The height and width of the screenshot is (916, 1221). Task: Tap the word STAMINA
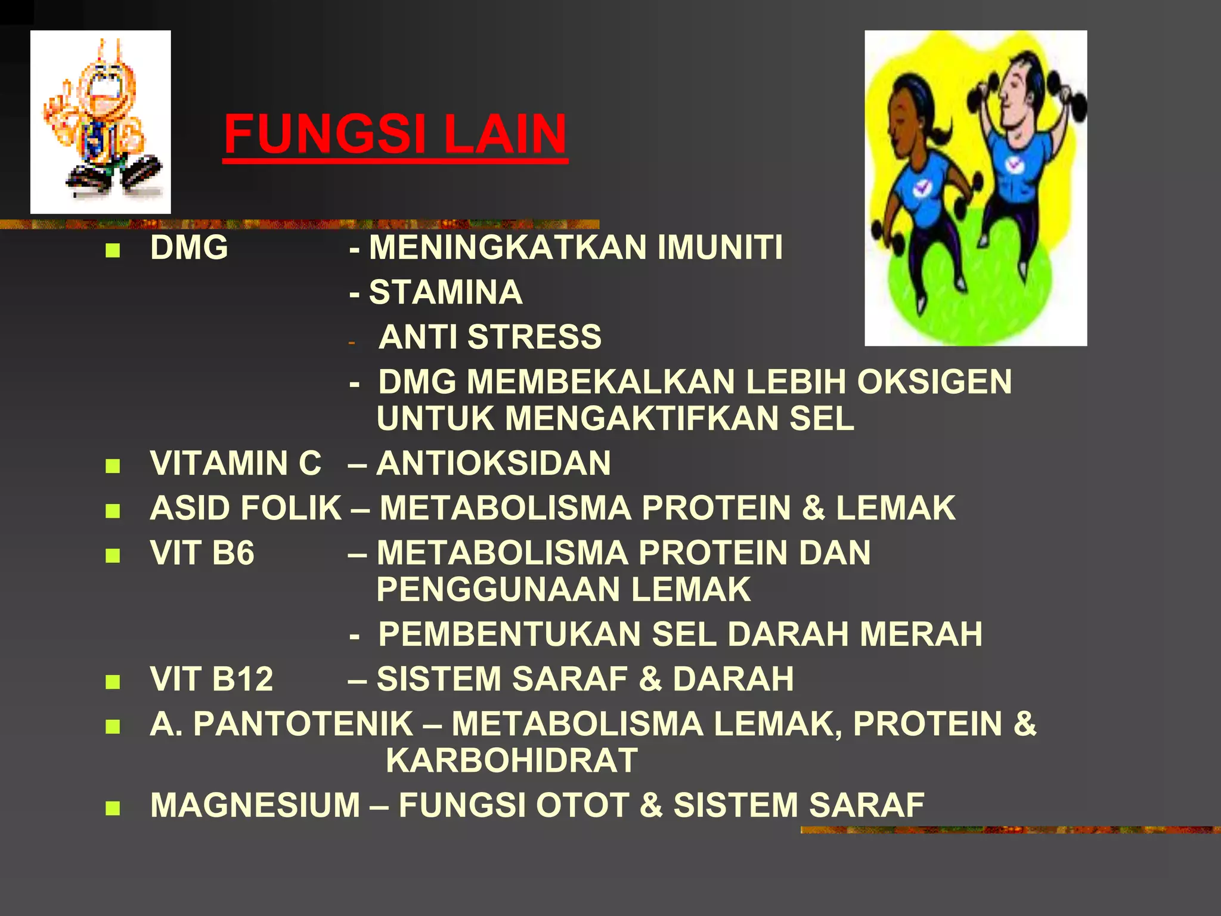[x=445, y=292]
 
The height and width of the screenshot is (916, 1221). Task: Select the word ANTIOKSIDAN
[x=494, y=463]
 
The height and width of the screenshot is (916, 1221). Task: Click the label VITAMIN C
[x=235, y=463]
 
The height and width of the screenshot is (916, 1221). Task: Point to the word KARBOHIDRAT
[x=512, y=760]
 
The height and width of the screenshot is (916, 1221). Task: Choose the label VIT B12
[x=212, y=679]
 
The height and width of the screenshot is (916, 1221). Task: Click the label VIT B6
[x=202, y=553]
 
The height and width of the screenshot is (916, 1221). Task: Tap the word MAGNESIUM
[x=255, y=805]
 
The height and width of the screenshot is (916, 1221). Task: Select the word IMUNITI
[x=720, y=247]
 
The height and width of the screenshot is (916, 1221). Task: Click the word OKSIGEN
[x=934, y=382]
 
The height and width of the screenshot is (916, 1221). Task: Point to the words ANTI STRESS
[x=490, y=337]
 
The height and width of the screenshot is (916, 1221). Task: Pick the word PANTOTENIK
[x=303, y=724]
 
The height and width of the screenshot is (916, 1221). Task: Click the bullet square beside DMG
[x=112, y=250]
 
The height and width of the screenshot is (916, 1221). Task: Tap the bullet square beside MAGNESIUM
[x=112, y=808]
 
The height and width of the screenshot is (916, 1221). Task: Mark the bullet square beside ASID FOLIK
[x=112, y=511]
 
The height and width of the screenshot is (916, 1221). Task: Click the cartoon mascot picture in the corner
[x=100, y=122]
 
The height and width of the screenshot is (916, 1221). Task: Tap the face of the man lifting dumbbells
[x=1016, y=95]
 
